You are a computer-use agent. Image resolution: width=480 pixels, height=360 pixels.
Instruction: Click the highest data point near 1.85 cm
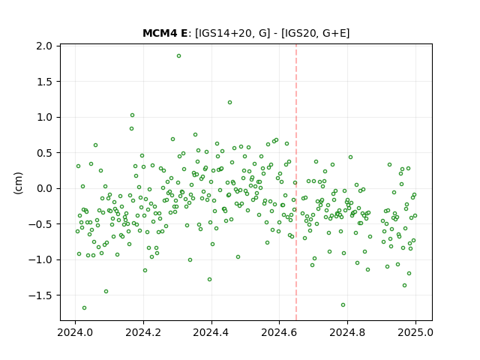178,56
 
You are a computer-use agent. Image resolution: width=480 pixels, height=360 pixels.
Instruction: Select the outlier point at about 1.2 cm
230,103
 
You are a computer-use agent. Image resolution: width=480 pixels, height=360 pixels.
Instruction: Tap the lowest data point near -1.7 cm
85,308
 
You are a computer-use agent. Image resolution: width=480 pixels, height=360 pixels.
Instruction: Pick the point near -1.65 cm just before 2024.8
343,305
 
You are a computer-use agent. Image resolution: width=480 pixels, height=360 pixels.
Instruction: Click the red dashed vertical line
296,182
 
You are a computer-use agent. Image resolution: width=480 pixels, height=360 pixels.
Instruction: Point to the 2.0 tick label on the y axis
44,46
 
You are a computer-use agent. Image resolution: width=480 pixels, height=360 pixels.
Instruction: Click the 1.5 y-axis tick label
44,82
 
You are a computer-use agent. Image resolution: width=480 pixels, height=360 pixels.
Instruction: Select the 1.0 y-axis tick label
44,117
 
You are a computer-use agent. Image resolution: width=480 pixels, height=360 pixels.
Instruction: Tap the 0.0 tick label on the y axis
44,188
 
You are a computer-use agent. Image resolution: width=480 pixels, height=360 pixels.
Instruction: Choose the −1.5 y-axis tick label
40,295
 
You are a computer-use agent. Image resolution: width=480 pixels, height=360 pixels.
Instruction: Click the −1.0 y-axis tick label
40,260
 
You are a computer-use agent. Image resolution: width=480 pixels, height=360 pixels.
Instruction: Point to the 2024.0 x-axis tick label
75,332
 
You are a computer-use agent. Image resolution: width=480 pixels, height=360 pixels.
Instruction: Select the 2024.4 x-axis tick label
211,332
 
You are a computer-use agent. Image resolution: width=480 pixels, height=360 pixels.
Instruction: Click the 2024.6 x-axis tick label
279,332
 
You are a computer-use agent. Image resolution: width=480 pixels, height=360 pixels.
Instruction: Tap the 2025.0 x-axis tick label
415,332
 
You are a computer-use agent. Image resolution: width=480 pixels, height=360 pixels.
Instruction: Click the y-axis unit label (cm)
18,183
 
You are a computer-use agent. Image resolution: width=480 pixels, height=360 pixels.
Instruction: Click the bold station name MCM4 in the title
161,33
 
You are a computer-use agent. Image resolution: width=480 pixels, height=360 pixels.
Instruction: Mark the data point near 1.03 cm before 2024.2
132,115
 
